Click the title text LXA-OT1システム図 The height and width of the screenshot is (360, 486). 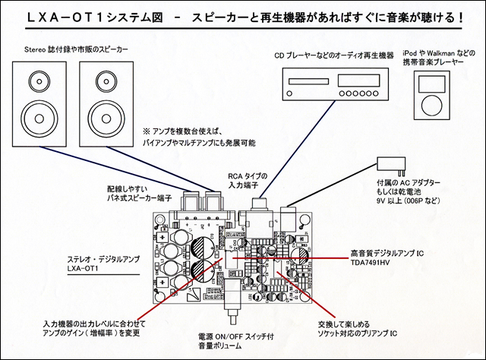coord(115,16)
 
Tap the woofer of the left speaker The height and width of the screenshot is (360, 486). coord(36,115)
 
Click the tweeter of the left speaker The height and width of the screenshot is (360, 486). coord(36,79)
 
